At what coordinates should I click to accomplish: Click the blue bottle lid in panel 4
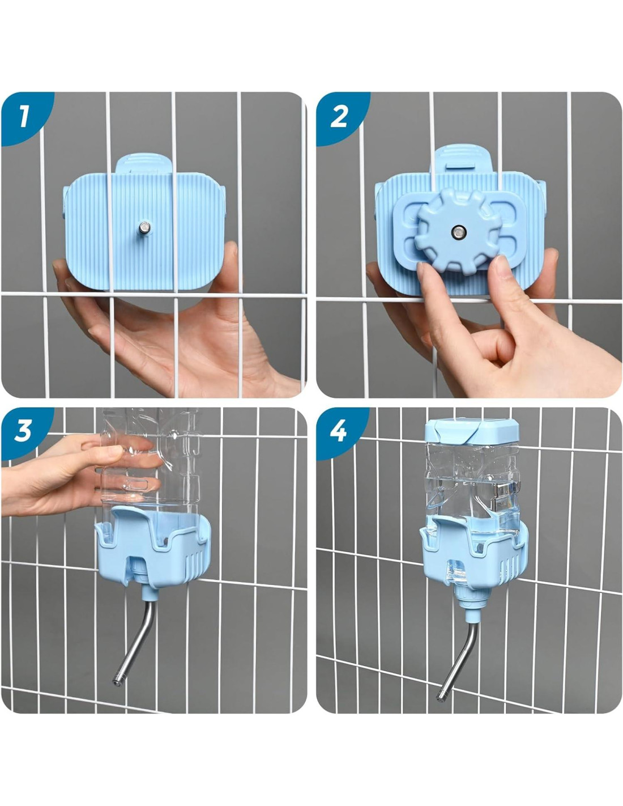tap(471, 430)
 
